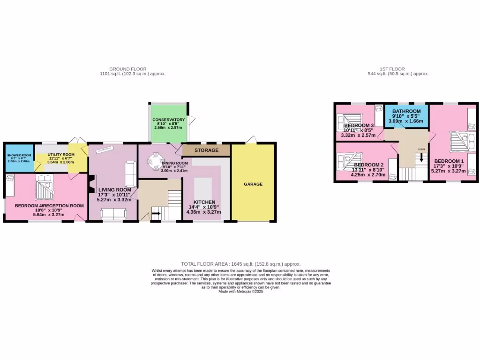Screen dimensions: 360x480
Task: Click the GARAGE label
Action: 253,184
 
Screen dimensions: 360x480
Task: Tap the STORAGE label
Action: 206,150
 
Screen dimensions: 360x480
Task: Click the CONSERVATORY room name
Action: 168,120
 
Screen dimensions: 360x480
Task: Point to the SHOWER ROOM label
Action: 19,156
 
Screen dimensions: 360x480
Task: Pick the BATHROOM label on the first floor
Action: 406,111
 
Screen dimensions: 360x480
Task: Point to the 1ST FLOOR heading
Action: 393,69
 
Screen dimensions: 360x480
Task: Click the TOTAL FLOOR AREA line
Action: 240,264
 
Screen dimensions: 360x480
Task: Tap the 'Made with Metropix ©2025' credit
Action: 241,292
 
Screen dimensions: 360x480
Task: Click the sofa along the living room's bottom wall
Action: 113,214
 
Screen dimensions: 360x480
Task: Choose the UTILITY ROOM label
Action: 61,154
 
